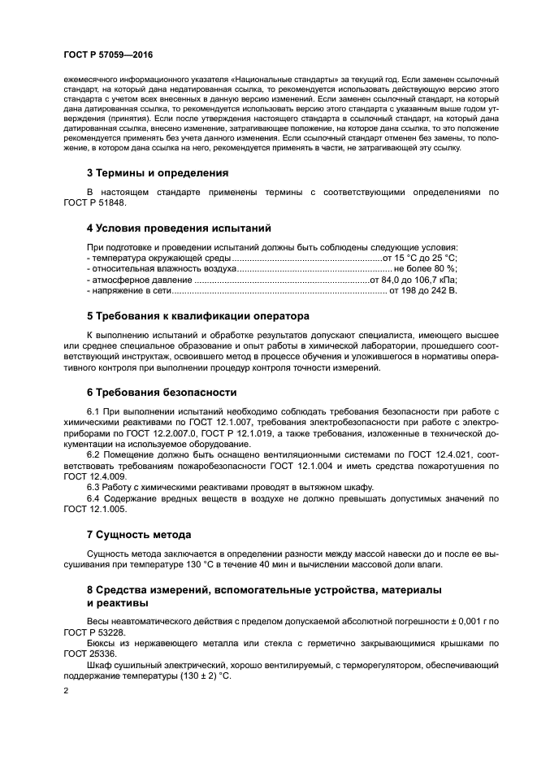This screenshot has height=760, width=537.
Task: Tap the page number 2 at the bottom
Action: click(x=66, y=689)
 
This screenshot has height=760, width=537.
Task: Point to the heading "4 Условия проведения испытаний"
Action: click(x=179, y=228)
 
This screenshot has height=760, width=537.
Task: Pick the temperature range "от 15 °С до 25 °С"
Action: click(x=423, y=258)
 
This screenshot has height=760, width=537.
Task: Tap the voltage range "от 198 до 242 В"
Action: click(x=423, y=289)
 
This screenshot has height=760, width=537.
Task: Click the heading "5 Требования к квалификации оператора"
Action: click(x=198, y=315)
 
